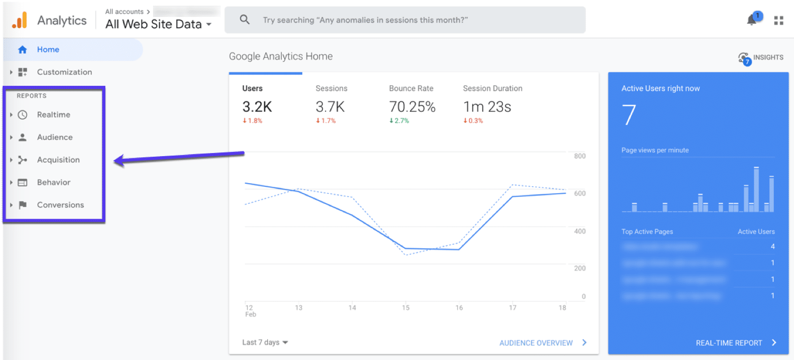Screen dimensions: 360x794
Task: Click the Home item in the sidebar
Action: tap(48, 50)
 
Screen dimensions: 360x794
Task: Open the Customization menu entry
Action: tap(64, 72)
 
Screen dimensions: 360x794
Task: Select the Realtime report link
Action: tap(53, 115)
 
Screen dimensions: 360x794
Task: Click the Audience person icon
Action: tap(22, 137)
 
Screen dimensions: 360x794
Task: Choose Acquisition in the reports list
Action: tap(58, 160)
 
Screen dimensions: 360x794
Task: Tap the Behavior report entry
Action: tap(53, 183)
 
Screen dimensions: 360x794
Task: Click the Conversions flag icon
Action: tap(22, 205)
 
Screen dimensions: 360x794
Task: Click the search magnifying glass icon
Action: tap(245, 20)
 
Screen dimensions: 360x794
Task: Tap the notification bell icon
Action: tap(752, 20)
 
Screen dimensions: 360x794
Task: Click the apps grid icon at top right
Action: tap(779, 21)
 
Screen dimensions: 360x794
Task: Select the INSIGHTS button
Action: tap(761, 58)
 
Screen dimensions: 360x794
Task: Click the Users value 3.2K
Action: tap(257, 107)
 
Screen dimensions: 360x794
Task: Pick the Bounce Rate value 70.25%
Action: tap(412, 107)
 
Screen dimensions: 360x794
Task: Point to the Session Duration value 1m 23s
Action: tap(487, 107)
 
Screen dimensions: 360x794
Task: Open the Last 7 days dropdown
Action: tap(265, 343)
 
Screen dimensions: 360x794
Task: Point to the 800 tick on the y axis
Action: tap(580, 156)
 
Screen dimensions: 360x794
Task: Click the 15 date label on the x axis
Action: tap(405, 308)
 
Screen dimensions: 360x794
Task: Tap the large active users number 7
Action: tap(629, 115)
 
